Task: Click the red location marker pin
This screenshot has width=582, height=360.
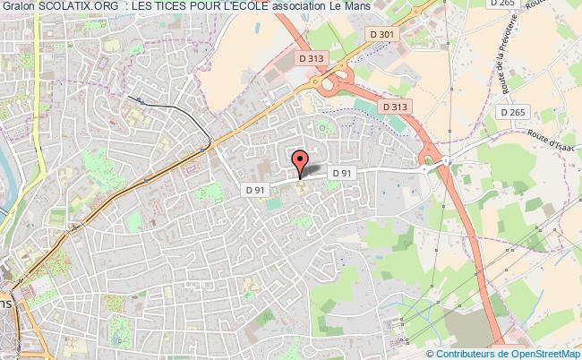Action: point(300,162)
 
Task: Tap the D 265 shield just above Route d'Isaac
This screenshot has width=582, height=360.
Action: point(513,112)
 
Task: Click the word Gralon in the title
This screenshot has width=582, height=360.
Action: point(17,7)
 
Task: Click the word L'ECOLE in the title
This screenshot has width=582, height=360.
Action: point(247,7)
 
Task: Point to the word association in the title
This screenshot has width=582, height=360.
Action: point(305,7)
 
